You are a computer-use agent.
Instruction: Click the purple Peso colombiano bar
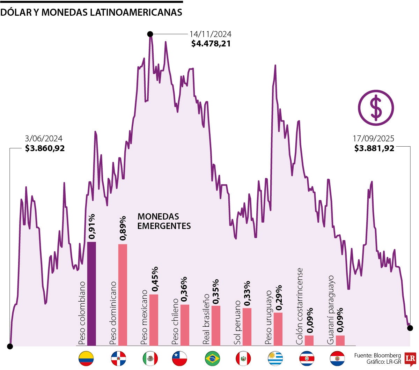pyautogui.click(x=91, y=293)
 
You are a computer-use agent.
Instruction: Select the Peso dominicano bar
pyautogui.click(x=123, y=295)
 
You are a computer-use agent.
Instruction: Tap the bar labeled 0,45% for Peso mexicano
pyautogui.click(x=154, y=320)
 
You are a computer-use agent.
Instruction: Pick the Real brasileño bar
pyautogui.click(x=216, y=325)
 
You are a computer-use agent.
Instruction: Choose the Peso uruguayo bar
pyautogui.click(x=278, y=329)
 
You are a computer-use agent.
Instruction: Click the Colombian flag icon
pyautogui.click(x=86, y=358)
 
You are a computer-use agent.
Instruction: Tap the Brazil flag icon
pyautogui.click(x=212, y=358)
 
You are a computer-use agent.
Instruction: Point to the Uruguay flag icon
pyautogui.click(x=275, y=358)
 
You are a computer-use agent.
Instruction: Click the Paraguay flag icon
pyautogui.click(x=337, y=358)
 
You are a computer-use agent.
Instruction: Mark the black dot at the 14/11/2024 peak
pyautogui.click(x=150, y=34)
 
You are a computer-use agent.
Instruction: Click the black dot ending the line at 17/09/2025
pyautogui.click(x=410, y=328)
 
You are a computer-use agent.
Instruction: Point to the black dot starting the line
pyautogui.click(x=10, y=346)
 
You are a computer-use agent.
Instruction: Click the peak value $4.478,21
pyautogui.click(x=211, y=44)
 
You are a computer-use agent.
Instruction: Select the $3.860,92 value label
pyautogui.click(x=45, y=148)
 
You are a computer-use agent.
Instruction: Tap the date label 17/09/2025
pyautogui.click(x=374, y=139)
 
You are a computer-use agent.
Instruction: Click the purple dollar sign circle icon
pyautogui.click(x=376, y=108)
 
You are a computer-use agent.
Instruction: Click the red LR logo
pyautogui.click(x=410, y=359)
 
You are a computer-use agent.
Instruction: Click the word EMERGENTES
pyautogui.click(x=164, y=226)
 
